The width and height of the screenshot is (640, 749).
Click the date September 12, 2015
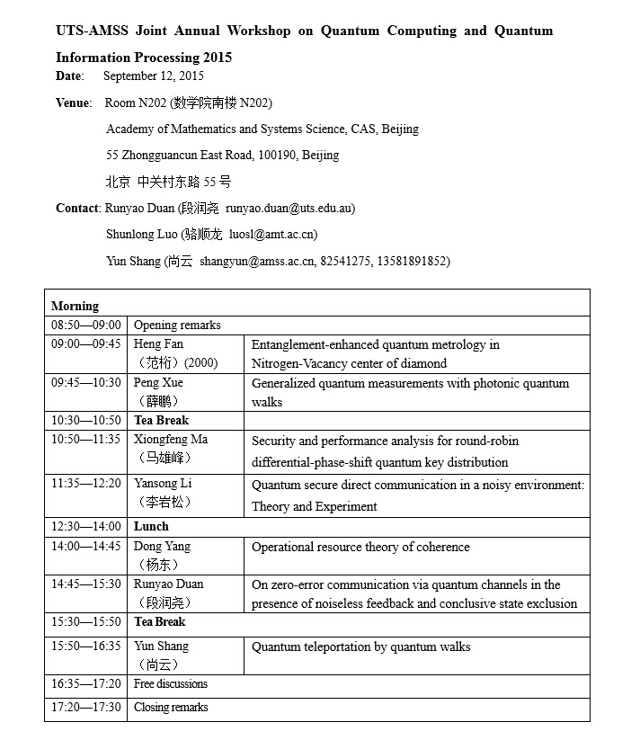coord(154,76)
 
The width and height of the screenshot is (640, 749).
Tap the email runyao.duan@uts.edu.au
coord(290,209)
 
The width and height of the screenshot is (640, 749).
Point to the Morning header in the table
coord(75,306)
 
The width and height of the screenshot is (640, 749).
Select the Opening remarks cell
coord(177,325)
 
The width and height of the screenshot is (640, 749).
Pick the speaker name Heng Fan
coord(158,344)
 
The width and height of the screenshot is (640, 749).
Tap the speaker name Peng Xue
coord(158,383)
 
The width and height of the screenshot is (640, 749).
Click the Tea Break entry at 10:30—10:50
coord(161,421)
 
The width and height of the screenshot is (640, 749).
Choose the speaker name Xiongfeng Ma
coord(171,440)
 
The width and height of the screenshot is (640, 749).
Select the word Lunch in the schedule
coord(151,527)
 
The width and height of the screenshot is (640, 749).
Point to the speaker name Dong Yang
coord(162,547)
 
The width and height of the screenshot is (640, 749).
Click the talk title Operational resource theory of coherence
coord(360,548)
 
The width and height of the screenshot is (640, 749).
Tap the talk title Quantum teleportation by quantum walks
coord(360,646)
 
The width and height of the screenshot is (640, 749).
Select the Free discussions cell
coord(171,684)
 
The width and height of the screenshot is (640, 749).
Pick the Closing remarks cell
coord(171,708)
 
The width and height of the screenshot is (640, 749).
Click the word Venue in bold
coord(73,103)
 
